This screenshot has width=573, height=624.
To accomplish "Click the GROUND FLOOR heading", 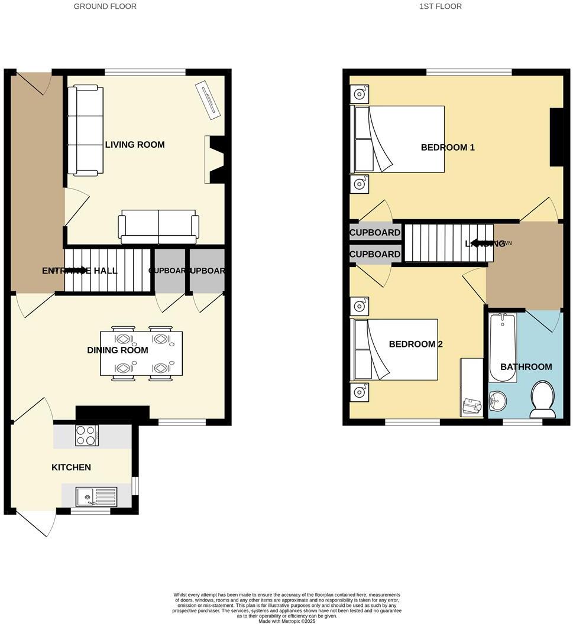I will pyautogui.click(x=105, y=6).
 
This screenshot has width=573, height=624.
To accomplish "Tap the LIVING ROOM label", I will pyautogui.click(x=135, y=145).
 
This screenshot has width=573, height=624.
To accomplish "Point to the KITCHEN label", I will pyautogui.click(x=72, y=467).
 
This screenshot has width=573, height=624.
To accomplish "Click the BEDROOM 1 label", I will pyautogui.click(x=448, y=147).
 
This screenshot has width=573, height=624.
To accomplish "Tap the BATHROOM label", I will pyautogui.click(x=526, y=367).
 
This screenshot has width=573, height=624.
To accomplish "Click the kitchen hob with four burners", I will pyautogui.click(x=87, y=436).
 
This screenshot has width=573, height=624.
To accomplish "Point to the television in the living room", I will pyautogui.click(x=208, y=97).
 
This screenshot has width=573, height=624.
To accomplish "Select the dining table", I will pyautogui.click(x=142, y=353).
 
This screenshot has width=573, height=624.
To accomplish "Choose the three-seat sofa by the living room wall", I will pyautogui.click(x=86, y=131).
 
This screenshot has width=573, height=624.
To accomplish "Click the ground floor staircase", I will pyautogui.click(x=107, y=271).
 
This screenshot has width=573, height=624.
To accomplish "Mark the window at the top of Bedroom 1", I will pyautogui.click(x=469, y=72).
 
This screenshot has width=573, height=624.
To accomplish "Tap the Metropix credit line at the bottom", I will pyautogui.click(x=287, y=620).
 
